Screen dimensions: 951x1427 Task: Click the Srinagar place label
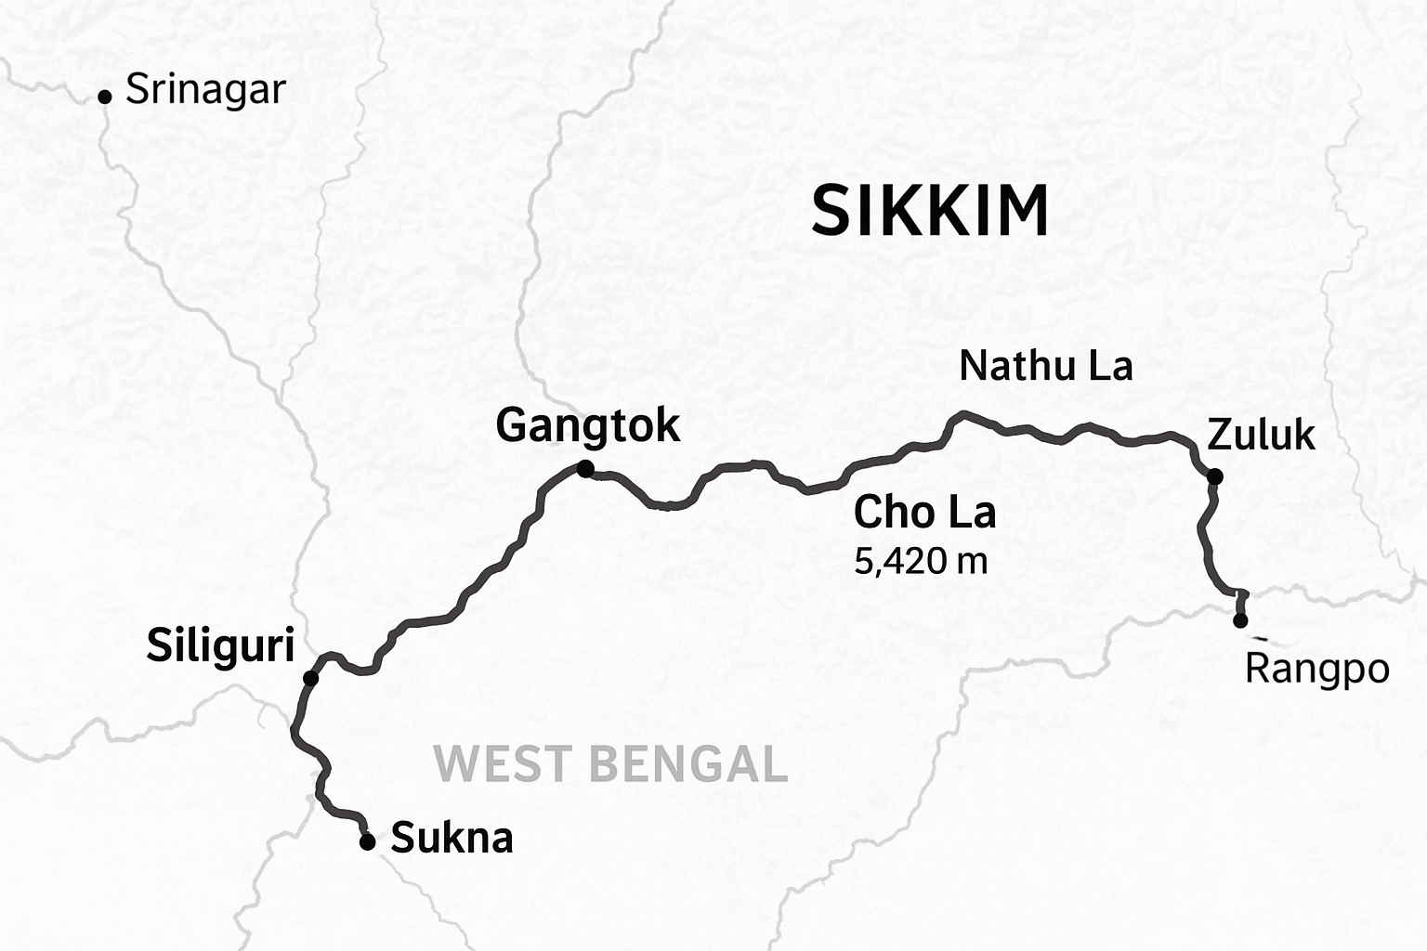(x=205, y=91)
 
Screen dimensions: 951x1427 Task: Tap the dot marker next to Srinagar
(x=105, y=97)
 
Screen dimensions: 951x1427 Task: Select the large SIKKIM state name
(x=930, y=211)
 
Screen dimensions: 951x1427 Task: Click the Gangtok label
(x=587, y=426)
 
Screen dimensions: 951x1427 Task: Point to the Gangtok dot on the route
(x=585, y=469)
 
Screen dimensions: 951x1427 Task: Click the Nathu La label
(x=1045, y=366)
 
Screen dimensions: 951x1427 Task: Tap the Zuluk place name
(x=1261, y=435)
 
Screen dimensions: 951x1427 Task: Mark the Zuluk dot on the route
(x=1214, y=477)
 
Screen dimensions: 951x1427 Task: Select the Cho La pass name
(x=924, y=513)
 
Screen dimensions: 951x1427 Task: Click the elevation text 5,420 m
(x=920, y=561)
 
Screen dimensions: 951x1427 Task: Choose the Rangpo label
(x=1316, y=669)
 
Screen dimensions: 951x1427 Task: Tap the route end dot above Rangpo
(x=1240, y=620)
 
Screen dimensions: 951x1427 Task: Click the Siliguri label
(x=220, y=645)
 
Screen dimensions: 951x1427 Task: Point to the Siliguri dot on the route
(x=311, y=679)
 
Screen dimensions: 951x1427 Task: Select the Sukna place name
(x=452, y=839)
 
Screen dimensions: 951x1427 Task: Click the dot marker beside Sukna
(x=367, y=842)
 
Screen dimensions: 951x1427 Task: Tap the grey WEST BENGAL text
(x=610, y=764)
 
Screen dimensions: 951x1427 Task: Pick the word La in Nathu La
(x=1110, y=366)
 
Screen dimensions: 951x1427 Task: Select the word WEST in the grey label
(x=502, y=764)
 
